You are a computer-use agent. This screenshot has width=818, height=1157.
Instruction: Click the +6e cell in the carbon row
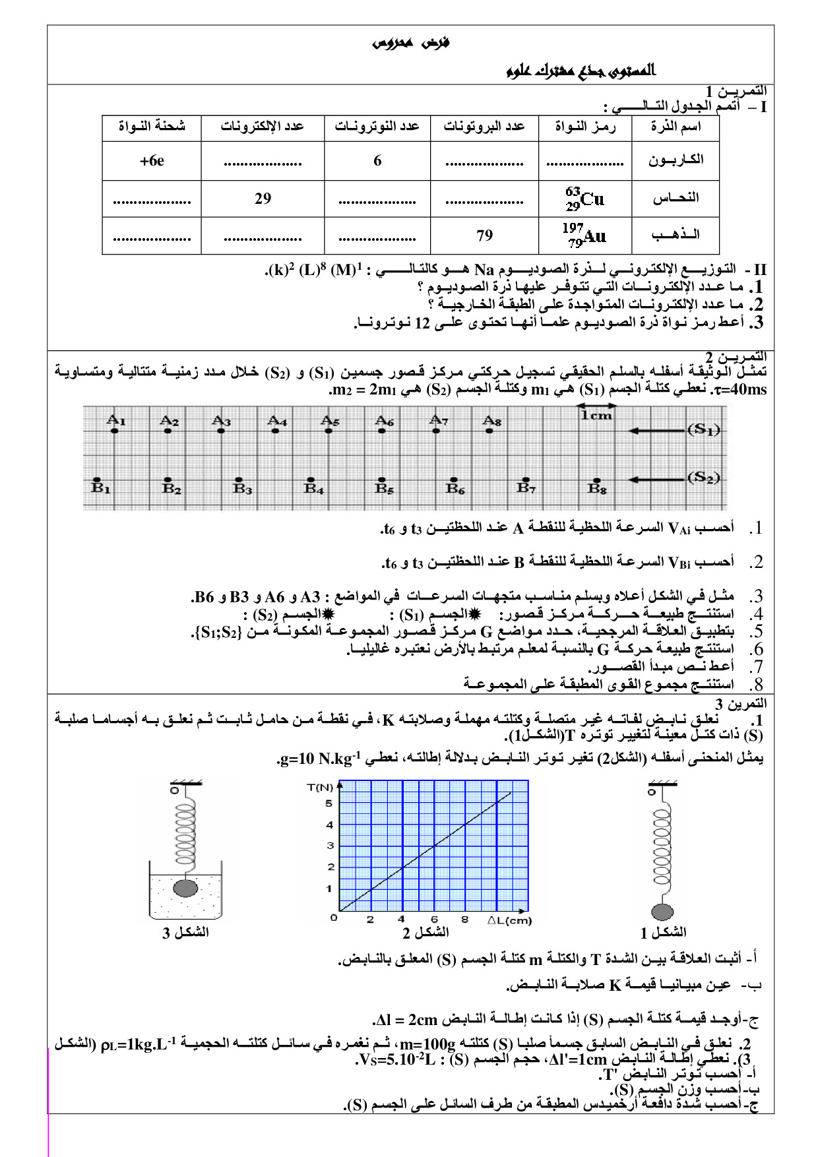(x=152, y=161)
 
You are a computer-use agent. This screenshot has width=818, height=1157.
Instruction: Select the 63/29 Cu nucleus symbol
(x=584, y=199)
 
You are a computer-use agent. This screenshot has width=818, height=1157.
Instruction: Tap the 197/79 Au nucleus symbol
(x=584, y=235)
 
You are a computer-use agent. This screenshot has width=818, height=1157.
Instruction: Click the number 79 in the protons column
(x=484, y=235)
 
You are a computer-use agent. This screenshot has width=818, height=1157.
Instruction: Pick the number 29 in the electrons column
(x=263, y=199)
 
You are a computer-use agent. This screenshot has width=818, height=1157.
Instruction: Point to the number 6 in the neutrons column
(x=377, y=161)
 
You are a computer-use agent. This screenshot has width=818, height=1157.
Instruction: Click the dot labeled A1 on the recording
(x=115, y=431)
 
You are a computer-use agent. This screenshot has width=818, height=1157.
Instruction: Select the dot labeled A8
(x=489, y=431)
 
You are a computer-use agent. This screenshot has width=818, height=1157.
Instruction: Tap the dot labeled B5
(x=381, y=480)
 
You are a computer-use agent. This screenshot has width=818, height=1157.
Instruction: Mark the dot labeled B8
(x=596, y=480)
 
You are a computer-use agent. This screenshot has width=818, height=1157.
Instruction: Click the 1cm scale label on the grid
(x=596, y=416)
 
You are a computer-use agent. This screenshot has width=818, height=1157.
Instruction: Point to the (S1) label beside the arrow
(x=703, y=430)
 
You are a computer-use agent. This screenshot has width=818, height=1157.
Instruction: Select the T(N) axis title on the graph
(x=321, y=787)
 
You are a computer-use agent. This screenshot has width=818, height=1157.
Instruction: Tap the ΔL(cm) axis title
(x=509, y=920)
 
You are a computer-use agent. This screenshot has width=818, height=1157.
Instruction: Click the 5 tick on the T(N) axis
(x=329, y=803)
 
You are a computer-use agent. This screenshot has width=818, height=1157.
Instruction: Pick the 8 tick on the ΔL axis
(x=464, y=920)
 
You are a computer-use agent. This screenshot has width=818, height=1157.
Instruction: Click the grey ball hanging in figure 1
(x=662, y=912)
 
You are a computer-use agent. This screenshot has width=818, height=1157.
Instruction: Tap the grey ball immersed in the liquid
(x=185, y=888)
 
